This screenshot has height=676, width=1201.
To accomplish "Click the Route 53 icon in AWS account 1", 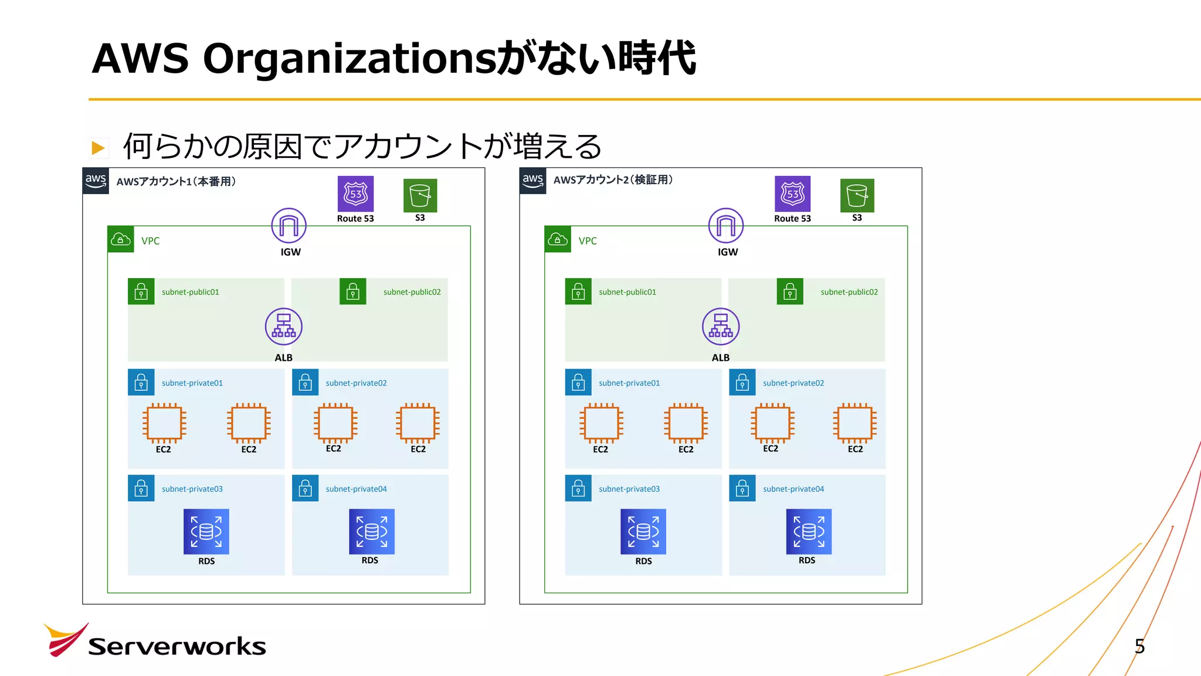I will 355,194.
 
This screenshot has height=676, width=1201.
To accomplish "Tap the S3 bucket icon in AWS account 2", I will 857,195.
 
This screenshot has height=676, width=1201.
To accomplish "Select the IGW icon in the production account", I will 289,226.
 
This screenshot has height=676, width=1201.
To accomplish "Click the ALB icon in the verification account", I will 721,327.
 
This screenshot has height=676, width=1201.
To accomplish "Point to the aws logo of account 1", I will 96,181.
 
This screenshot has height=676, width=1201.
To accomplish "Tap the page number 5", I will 1139,646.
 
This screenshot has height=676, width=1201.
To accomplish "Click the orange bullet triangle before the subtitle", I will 98,148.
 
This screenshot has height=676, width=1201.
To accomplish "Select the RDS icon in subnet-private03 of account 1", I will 206,532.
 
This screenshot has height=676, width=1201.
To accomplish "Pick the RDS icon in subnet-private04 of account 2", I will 809,532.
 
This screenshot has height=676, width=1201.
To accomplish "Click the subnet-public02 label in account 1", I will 412,292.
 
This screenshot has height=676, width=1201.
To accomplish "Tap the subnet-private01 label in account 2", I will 629,383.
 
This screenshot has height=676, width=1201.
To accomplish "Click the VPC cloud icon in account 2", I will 558,239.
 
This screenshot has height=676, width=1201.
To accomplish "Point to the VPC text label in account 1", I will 151,241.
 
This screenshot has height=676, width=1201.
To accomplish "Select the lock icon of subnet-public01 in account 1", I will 141,292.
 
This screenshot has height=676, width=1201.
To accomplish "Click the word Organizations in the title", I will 349,59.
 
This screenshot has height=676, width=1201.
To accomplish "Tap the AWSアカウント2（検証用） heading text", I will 613,180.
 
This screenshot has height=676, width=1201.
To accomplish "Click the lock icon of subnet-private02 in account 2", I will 742,383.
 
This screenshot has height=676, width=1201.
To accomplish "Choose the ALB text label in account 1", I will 284,357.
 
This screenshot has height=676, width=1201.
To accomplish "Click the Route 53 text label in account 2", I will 792,218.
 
